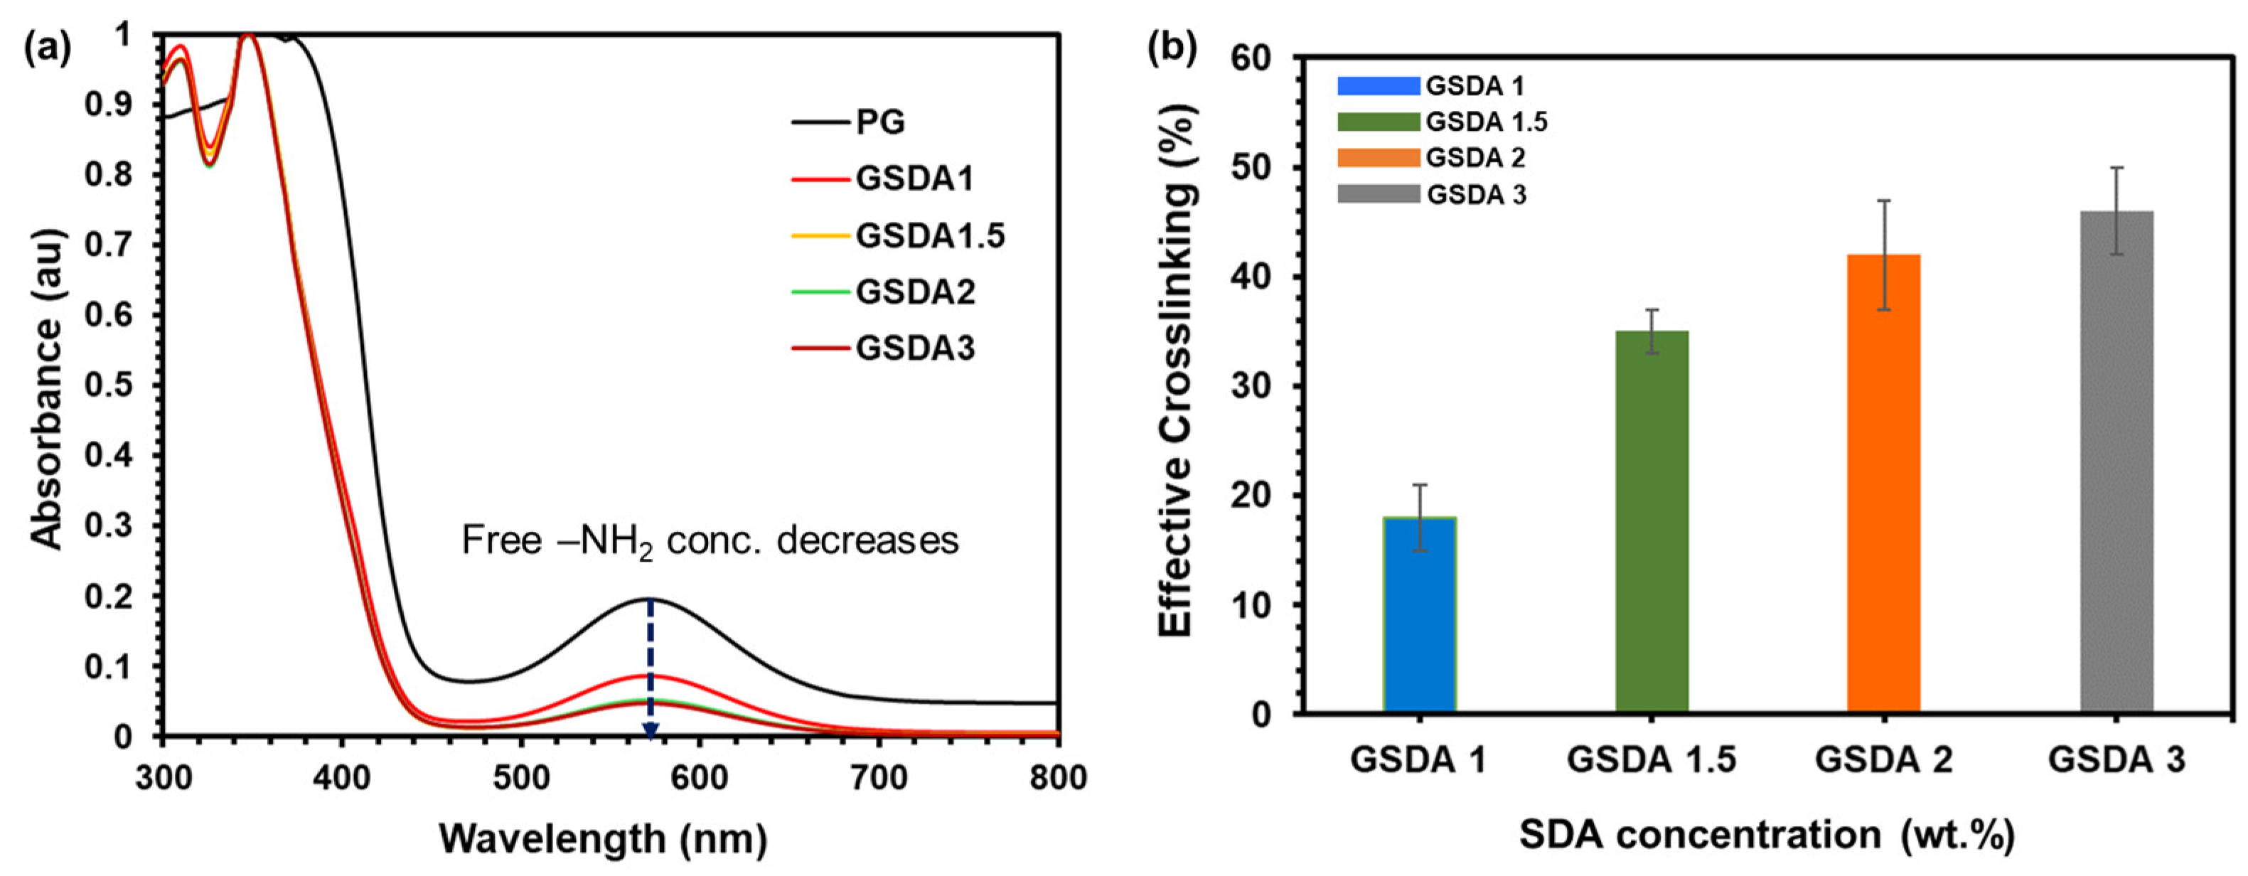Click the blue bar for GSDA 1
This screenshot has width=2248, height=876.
(x=1420, y=616)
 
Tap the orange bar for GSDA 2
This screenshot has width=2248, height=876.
(x=1884, y=484)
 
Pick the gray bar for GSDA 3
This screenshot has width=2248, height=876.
(x=2116, y=462)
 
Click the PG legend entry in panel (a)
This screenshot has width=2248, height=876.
(x=879, y=122)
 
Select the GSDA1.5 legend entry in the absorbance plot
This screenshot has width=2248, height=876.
(x=929, y=235)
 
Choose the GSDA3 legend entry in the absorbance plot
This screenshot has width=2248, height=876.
(x=914, y=348)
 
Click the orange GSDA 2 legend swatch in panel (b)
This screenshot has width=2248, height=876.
(x=1379, y=158)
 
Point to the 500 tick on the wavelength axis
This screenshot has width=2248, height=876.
(x=521, y=777)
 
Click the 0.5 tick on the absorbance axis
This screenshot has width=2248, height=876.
(x=108, y=385)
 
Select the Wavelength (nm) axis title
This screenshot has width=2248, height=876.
(x=603, y=838)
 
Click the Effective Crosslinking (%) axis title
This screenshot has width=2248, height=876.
(x=1177, y=371)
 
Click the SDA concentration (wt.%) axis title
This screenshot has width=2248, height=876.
(x=1767, y=835)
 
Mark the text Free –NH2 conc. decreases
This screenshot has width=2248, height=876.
(x=710, y=541)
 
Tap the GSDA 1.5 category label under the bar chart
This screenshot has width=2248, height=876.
(x=1652, y=759)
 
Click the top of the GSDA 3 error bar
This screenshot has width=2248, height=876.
(x=2116, y=168)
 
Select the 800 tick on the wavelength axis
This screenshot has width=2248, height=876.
(x=1058, y=777)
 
